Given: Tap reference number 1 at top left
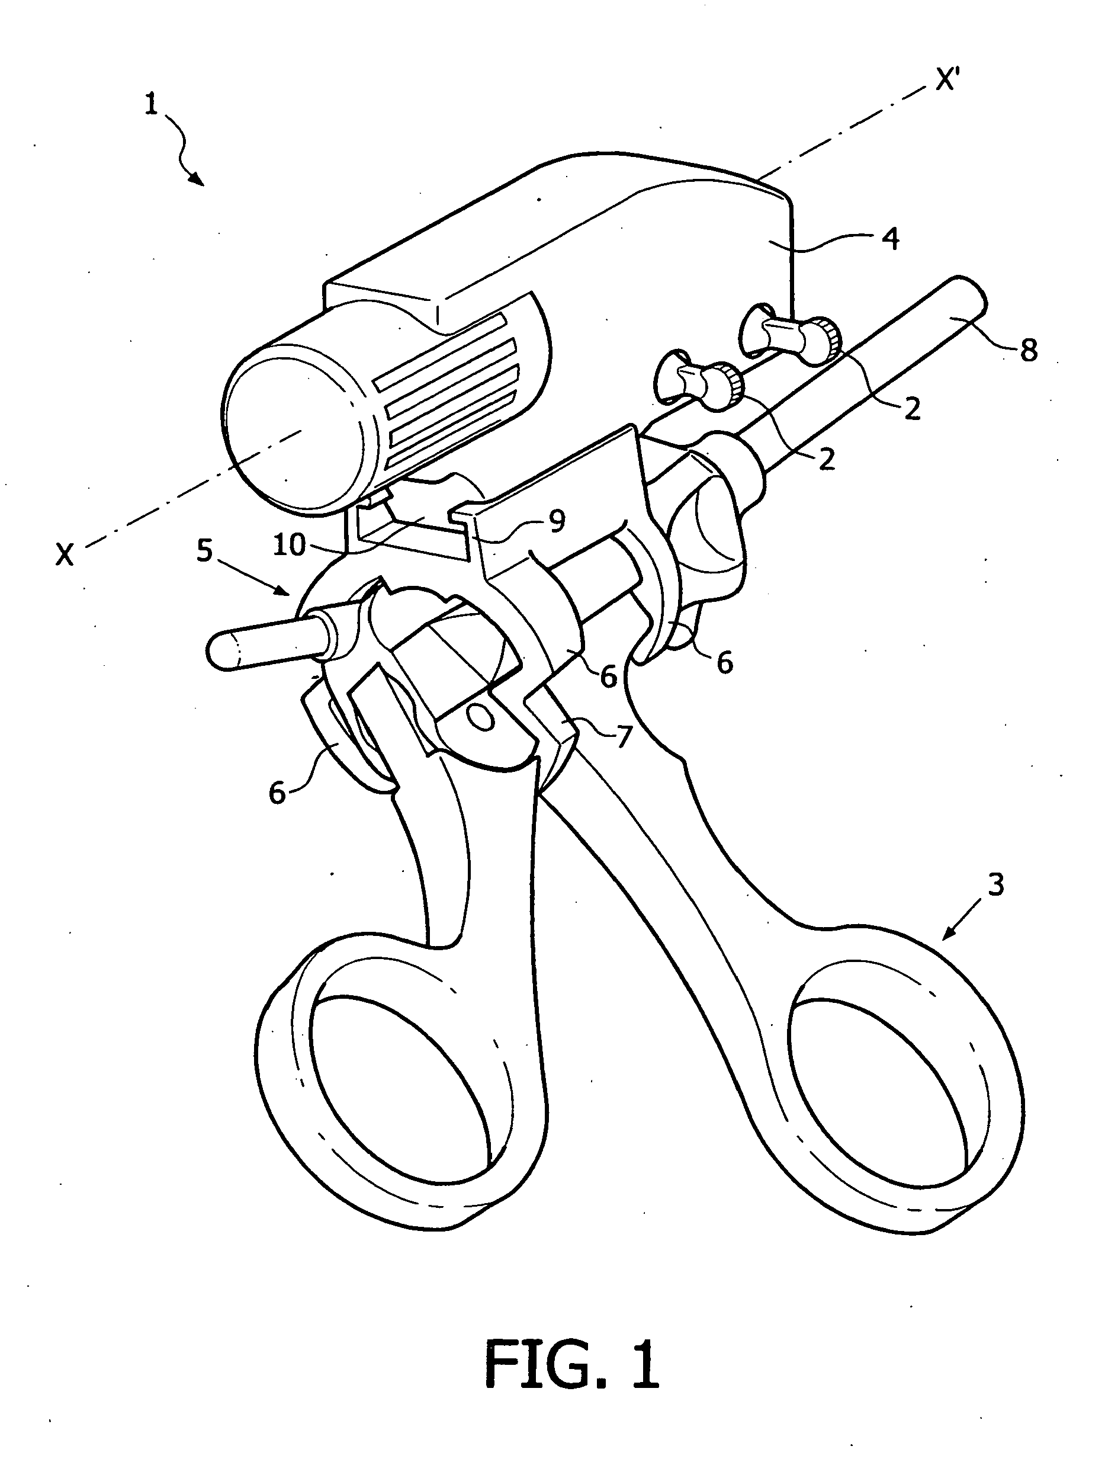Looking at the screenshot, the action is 152,104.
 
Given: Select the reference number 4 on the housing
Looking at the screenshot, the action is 891,239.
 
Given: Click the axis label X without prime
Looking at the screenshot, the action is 65,556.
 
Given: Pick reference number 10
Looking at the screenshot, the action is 290,545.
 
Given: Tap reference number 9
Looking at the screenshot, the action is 557,521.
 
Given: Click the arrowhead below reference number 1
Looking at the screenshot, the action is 198,178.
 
